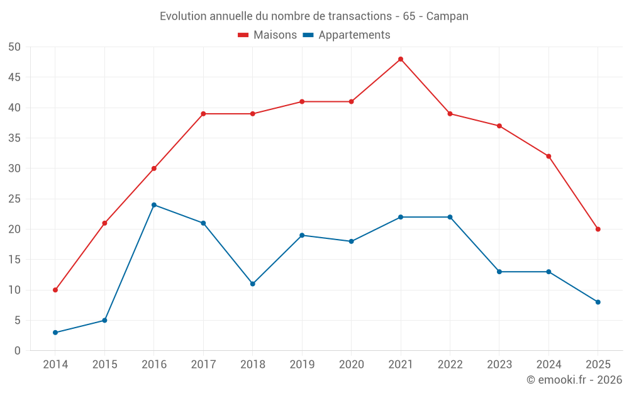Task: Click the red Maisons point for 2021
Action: coord(401,59)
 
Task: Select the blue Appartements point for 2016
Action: coord(154,205)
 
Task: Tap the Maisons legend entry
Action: coord(267,35)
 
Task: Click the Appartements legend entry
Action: coord(347,35)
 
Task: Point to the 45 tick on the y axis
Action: coord(14,77)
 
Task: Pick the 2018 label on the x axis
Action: coord(253,364)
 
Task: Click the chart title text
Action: coord(314,16)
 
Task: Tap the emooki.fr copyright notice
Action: coord(574,380)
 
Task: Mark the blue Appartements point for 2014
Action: coord(55,333)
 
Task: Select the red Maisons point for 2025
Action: coord(598,229)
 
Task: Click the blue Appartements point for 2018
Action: coord(253,284)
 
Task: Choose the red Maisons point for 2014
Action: coord(55,290)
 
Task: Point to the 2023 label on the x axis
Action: coord(499,364)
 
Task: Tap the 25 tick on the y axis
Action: coord(14,199)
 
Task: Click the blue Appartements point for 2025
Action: coord(598,302)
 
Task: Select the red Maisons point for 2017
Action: coord(203,114)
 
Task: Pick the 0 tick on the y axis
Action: coord(18,351)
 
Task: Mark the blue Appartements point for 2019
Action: coord(302,235)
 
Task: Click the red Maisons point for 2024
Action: coord(548,156)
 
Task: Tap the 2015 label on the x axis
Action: coord(104,364)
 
